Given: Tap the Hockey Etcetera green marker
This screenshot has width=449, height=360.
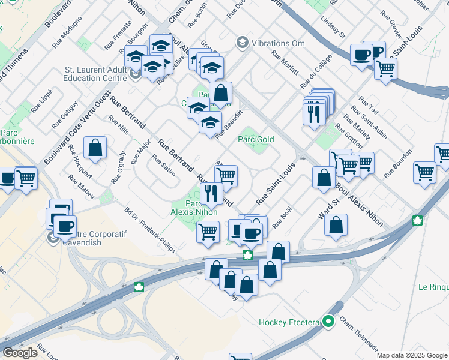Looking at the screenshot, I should [x=328, y=322].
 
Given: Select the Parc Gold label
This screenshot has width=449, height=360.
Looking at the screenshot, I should [x=256, y=140].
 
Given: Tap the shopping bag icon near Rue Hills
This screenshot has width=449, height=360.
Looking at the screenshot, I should [x=95, y=148].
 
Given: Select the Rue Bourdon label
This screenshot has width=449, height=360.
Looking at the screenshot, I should [x=396, y=166].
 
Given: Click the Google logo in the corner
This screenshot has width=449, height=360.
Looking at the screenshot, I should [x=20, y=353].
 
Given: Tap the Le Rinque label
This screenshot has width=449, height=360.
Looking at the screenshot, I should [x=433, y=287].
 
